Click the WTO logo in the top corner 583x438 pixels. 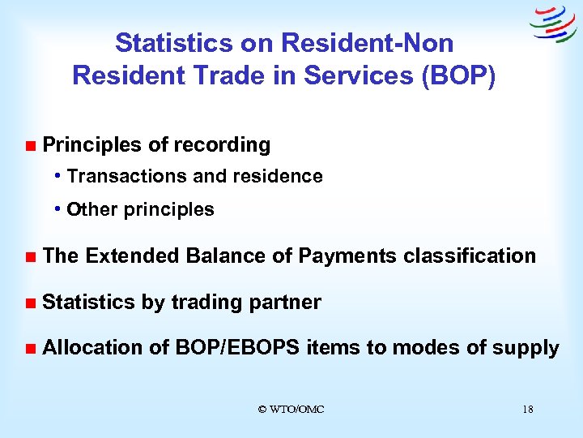tap(553, 24)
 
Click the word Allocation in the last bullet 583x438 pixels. tap(93, 348)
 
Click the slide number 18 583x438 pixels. tap(528, 410)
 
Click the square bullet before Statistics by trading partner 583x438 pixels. tap(30, 303)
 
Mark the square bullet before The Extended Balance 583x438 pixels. tap(30, 257)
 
